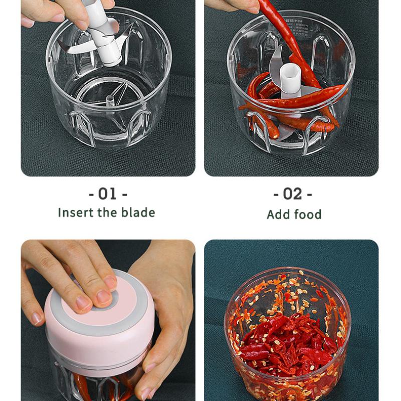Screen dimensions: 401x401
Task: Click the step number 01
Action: coord(108,193)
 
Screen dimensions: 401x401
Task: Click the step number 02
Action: coord(293,193)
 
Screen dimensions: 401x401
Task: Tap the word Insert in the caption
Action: coord(74,212)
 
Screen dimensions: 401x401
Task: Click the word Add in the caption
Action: coord(278,215)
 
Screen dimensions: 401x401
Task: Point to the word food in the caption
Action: coord(308,215)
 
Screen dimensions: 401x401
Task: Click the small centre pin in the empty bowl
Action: coord(110,100)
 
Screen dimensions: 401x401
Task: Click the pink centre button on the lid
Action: coord(102,302)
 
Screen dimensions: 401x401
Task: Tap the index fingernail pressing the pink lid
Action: coord(104,297)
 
